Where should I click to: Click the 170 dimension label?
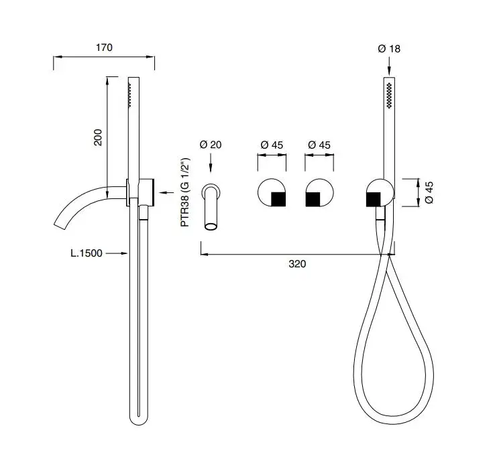104,48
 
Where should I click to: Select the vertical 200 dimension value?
98,137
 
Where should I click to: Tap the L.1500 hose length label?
87,253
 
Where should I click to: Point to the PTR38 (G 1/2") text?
185,192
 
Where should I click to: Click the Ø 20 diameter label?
211,145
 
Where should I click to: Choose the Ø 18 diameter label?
389,49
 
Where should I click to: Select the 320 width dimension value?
297,264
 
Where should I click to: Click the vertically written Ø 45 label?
429,192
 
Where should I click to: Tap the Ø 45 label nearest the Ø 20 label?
272,145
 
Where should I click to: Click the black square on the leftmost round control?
278,200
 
